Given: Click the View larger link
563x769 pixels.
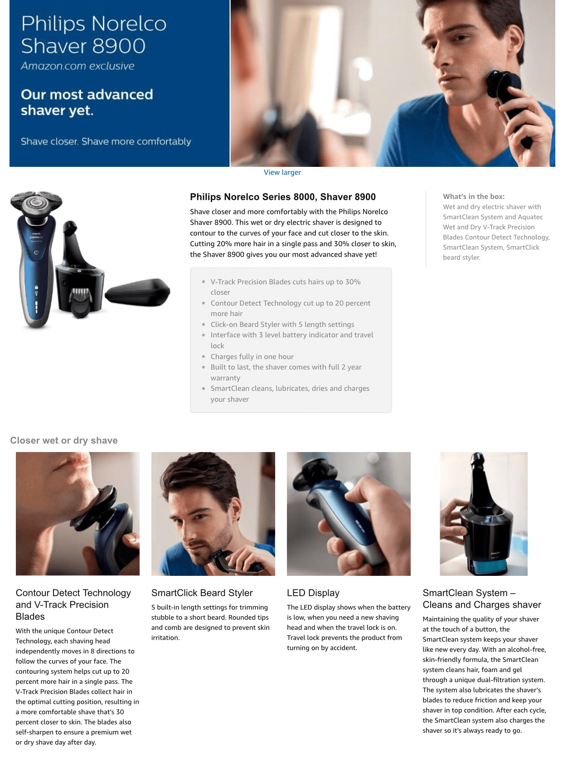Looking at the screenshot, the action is pos(282,172).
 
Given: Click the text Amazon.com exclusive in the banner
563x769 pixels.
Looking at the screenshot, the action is pos(78,66).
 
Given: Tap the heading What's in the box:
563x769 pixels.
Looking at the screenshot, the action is pos(473,196).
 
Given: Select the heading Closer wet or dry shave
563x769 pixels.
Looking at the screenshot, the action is pos(64,440).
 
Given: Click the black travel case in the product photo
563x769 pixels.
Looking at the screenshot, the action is pos(137,292).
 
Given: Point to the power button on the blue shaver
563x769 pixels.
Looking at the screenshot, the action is pos(36,252).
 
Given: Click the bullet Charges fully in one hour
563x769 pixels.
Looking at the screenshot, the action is pos(252,356).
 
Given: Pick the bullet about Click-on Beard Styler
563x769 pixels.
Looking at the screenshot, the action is pos(282,325).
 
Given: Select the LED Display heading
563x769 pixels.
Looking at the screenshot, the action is pos(313,593).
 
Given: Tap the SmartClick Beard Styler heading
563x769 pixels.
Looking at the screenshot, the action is pos(202,593).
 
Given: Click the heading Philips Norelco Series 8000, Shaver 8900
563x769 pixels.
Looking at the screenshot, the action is pos(282,197).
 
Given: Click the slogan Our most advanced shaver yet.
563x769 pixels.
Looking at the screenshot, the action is pos(87,102).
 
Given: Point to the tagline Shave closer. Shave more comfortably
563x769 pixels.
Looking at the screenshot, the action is pos(106,141).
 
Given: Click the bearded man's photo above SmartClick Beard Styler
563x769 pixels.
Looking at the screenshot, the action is pos(213,514).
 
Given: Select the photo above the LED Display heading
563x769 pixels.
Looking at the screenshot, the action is pos(349,514).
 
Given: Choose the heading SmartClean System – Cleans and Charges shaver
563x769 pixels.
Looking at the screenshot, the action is pos(482,599).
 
